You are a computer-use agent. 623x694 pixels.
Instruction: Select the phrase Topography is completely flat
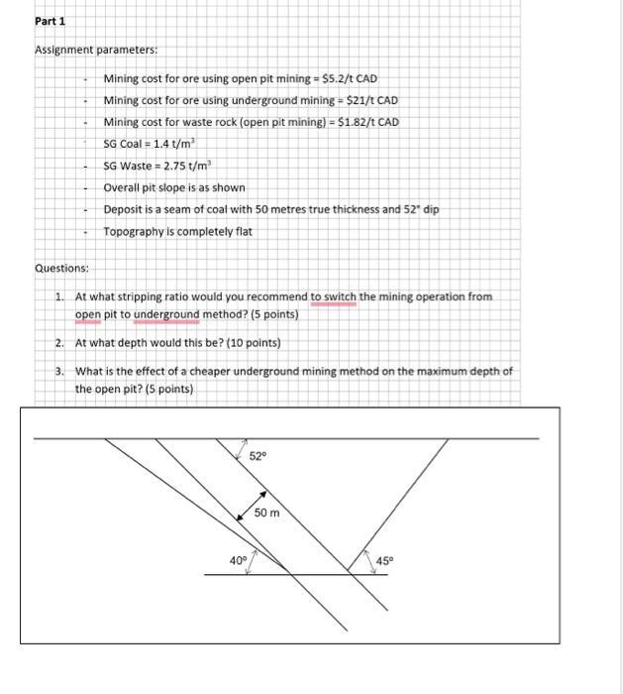pos(178,231)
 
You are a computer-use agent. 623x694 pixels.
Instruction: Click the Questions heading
pos(62,269)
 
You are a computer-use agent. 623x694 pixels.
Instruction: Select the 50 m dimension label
pos(266,513)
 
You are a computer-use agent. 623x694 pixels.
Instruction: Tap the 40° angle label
pos(238,560)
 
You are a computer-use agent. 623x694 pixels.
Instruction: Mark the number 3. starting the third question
pos(60,371)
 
